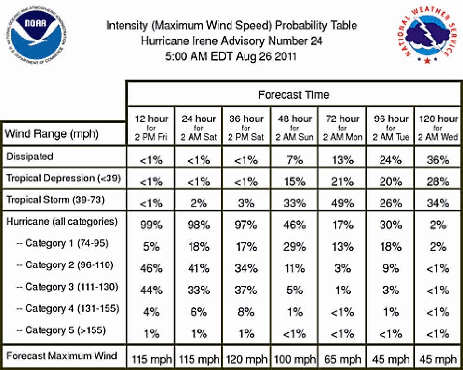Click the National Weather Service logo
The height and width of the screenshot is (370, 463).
click(x=427, y=35)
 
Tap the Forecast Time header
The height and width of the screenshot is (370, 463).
click(x=294, y=95)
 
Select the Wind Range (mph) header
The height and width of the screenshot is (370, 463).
click(x=52, y=133)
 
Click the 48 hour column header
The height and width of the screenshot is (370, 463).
click(x=294, y=128)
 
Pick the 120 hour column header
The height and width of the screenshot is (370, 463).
click(x=438, y=128)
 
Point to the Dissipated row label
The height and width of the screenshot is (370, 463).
click(x=29, y=156)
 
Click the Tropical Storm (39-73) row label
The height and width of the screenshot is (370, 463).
click(x=55, y=200)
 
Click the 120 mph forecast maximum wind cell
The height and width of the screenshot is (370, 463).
click(x=246, y=359)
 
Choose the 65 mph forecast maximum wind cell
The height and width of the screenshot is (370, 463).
click(x=342, y=359)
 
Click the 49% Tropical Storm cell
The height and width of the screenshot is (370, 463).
click(x=342, y=203)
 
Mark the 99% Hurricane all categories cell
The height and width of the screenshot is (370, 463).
click(x=151, y=225)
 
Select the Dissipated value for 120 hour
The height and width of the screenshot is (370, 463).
click(x=437, y=160)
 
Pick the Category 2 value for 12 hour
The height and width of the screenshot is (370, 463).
click(x=151, y=268)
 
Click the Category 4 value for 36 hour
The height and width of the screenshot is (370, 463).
click(x=246, y=312)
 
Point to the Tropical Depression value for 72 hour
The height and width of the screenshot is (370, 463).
click(x=342, y=182)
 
